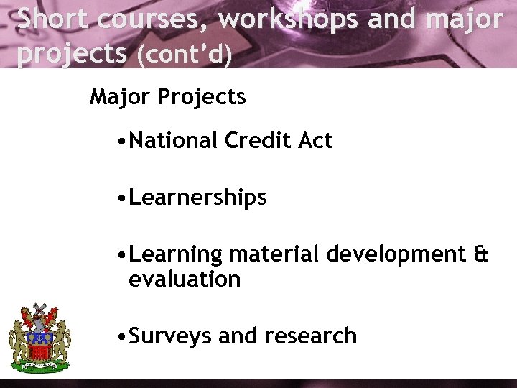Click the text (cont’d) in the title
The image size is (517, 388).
click(183, 54)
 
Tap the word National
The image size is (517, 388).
click(173, 140)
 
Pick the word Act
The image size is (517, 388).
click(315, 140)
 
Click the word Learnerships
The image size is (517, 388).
click(197, 198)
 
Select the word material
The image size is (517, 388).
click(274, 255)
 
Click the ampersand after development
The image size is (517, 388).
click(481, 254)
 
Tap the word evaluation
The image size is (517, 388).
click(185, 279)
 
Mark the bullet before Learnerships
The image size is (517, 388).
click(124, 198)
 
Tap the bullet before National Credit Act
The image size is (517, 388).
click(124, 141)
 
